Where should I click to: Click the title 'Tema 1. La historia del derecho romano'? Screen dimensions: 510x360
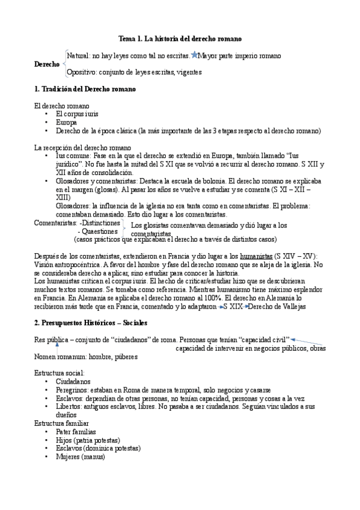pyautogui.click(x=180, y=38)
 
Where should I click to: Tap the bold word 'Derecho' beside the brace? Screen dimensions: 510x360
pyautogui.click(x=47, y=64)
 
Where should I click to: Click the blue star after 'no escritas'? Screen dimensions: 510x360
pyautogui.click(x=194, y=55)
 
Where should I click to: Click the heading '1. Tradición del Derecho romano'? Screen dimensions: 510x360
pyautogui.click(x=85, y=89)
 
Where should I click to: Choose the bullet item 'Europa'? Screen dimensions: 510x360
pyautogui.click(x=66, y=121)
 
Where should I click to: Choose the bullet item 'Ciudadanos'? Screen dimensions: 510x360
pyautogui.click(x=73, y=381)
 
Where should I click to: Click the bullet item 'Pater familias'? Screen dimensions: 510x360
pyautogui.click(x=75, y=432)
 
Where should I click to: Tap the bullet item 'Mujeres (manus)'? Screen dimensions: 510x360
pyautogui.click(x=80, y=457)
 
